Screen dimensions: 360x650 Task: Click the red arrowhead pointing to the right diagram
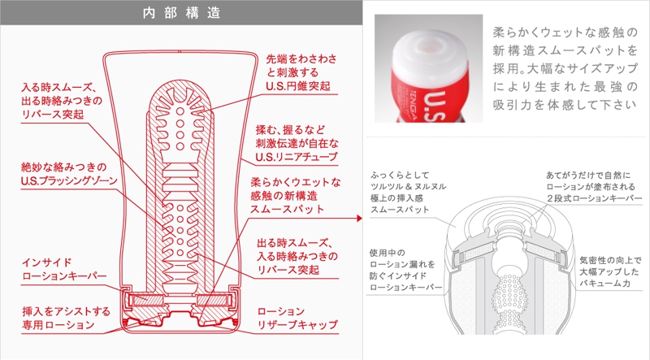360,217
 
